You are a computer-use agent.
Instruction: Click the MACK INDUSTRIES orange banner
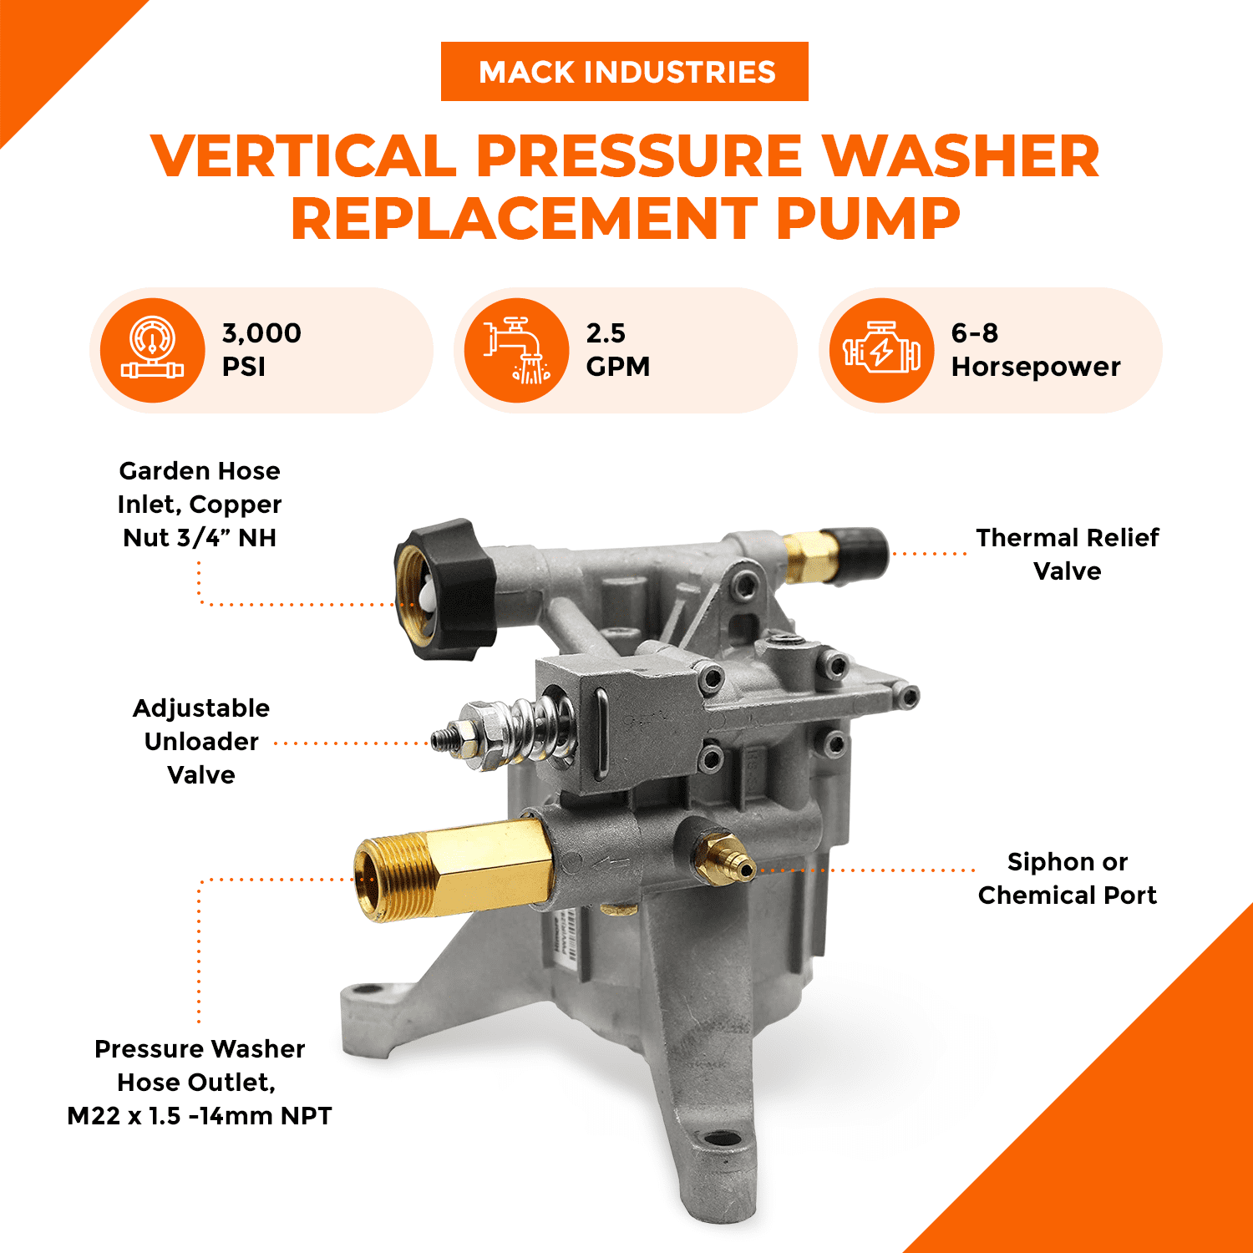point(624,72)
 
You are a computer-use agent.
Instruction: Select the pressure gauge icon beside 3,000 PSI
point(152,350)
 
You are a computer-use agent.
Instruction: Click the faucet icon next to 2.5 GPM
point(517,350)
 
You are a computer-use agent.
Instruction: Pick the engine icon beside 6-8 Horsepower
point(881,350)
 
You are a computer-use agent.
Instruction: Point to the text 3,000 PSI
point(261,349)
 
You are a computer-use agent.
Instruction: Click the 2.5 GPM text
point(617,349)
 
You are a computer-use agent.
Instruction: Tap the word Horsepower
point(1035,367)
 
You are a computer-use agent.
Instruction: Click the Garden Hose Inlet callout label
point(200,504)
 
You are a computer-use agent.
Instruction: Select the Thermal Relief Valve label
point(1067,554)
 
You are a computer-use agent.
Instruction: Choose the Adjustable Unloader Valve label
point(201,741)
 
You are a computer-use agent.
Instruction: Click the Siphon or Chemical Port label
point(1067,878)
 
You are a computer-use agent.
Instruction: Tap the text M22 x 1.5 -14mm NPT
point(200,1116)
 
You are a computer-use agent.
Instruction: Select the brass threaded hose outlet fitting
point(451,869)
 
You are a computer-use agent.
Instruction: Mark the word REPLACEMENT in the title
point(525,219)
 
